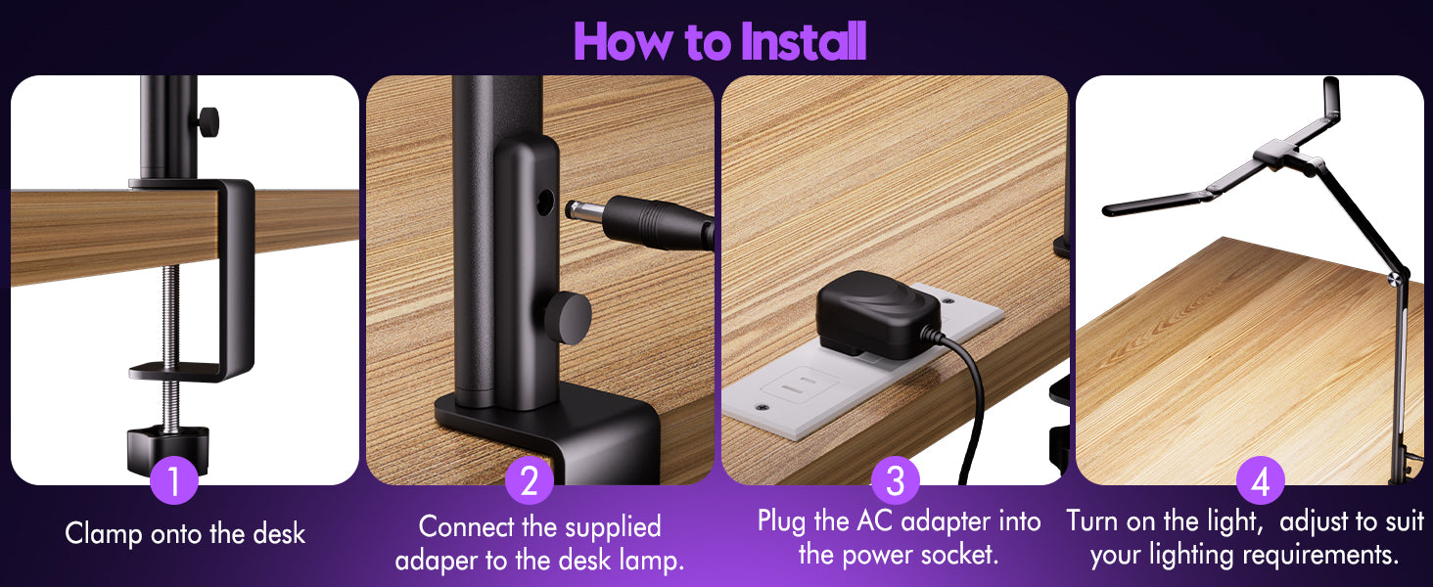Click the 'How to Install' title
click(x=720, y=41)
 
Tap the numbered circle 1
click(x=174, y=480)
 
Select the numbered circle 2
click(x=530, y=480)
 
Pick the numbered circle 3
click(x=896, y=480)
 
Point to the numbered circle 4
click(x=1261, y=480)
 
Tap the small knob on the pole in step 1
click(x=208, y=121)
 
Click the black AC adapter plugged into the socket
click(x=878, y=313)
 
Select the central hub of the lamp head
click(x=1275, y=155)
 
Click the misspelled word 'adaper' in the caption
click(x=437, y=561)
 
